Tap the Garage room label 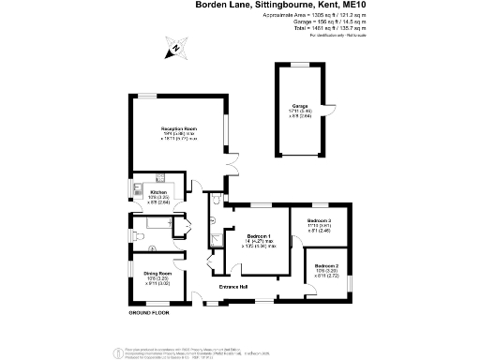(300, 106)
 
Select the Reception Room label (177, 128)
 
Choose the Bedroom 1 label (259, 235)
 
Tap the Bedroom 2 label (327, 266)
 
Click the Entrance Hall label (232, 285)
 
